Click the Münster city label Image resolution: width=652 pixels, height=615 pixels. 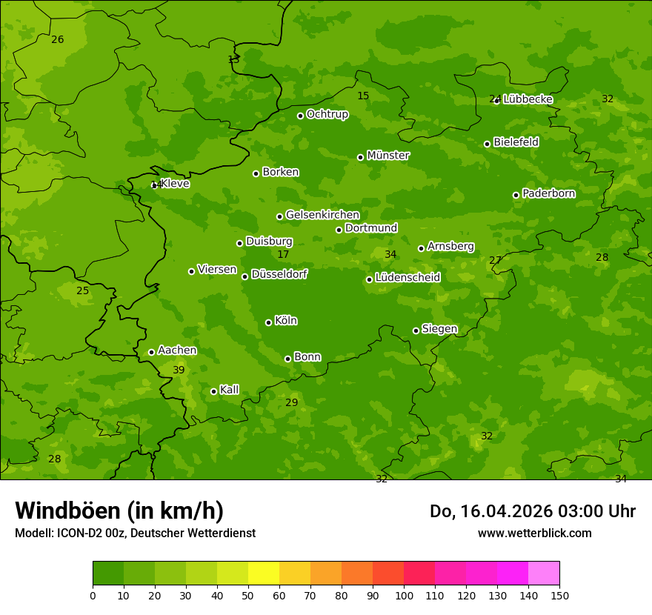pos(388,156)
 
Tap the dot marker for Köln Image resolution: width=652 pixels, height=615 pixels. pos(268,322)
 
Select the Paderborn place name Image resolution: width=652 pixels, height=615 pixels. pos(548,193)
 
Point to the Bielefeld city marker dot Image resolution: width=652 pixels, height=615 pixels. pos(487,144)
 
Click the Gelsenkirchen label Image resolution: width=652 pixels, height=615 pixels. pos(322,215)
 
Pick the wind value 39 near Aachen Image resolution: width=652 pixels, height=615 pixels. pos(179,370)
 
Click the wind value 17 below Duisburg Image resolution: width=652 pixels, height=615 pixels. pos(283,254)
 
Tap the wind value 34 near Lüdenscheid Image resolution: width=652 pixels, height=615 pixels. pos(390,254)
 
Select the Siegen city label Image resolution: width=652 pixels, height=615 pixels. pos(439,329)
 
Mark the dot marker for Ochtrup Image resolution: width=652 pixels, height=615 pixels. pos(300,116)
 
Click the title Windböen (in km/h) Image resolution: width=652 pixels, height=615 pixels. pos(119,511)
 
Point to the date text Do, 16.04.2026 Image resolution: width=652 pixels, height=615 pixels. pos(490,511)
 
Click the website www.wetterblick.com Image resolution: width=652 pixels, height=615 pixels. pos(534,533)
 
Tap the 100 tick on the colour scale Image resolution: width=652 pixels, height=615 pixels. pos(404,595)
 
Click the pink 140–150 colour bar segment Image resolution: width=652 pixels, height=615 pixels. pos(544,574)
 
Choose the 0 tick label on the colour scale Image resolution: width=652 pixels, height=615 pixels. pos(93,595)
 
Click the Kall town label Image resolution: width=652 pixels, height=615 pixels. pos(229,390)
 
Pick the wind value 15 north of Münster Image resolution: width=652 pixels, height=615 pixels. pos(363,96)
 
